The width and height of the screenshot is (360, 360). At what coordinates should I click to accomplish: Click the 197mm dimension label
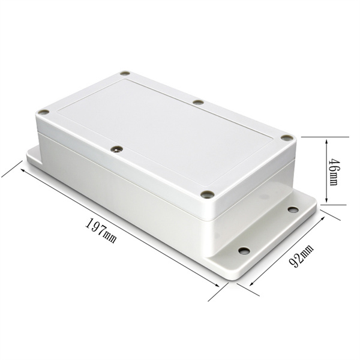tap(101, 231)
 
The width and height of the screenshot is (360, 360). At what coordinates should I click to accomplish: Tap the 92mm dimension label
tap(301, 256)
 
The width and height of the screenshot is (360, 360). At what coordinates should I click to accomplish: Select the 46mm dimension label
tap(334, 172)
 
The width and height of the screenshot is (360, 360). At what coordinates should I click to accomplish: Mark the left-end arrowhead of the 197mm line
tap(23, 170)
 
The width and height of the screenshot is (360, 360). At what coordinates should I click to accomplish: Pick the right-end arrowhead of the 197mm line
tap(217, 285)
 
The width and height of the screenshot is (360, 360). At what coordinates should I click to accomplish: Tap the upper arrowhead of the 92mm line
tap(323, 218)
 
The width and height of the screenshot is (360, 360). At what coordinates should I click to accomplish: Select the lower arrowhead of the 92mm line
tap(251, 283)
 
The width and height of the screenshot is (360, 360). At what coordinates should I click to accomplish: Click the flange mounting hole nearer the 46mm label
tap(293, 209)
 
